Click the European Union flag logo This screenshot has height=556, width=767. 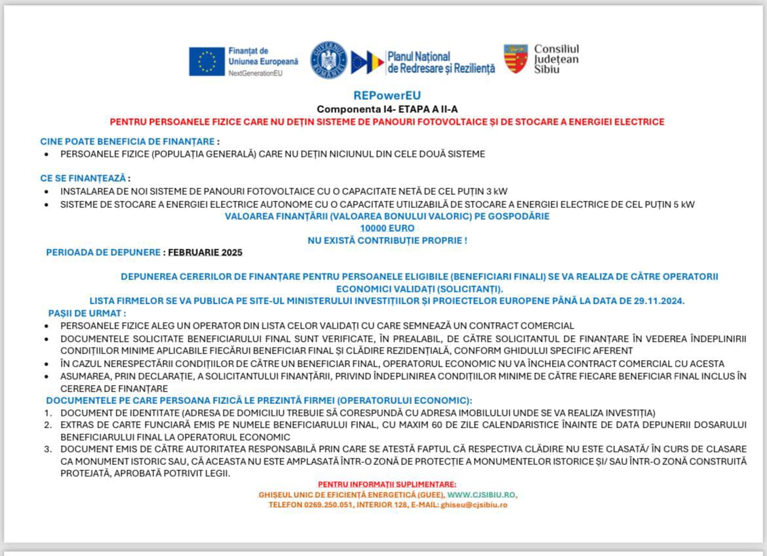(x=207, y=61)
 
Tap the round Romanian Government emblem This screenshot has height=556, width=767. (x=328, y=60)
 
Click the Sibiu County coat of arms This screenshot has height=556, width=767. (x=515, y=59)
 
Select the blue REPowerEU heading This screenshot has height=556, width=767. (x=386, y=96)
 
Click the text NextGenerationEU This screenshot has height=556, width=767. (x=255, y=73)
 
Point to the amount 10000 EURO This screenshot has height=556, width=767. (x=387, y=228)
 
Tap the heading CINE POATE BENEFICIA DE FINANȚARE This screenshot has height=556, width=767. (x=128, y=141)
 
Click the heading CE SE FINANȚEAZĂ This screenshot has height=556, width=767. (x=84, y=178)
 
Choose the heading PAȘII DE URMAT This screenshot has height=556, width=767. (x=87, y=313)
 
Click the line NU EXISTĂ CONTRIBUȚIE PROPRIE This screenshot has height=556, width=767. (x=387, y=241)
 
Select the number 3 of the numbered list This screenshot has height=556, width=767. (x=48, y=449)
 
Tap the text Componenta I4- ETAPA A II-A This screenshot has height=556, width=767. (x=386, y=109)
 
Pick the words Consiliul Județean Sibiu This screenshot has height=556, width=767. (x=556, y=59)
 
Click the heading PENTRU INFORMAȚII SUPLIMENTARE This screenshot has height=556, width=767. (x=387, y=484)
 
